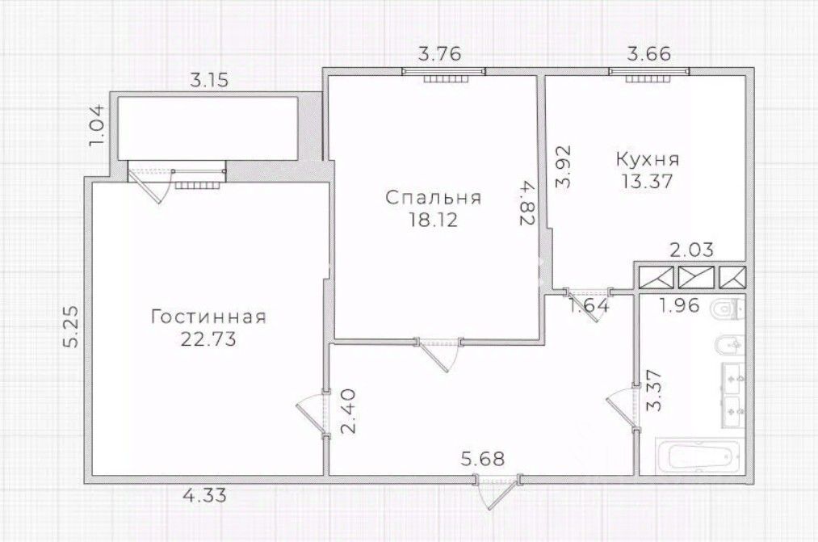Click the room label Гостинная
(x=208, y=317)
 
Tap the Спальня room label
(x=433, y=198)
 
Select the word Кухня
(x=648, y=159)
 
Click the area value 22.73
(x=208, y=339)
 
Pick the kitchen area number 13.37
(x=647, y=182)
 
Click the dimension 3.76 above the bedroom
(x=441, y=54)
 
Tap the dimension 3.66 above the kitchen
(x=649, y=54)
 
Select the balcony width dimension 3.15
(x=208, y=80)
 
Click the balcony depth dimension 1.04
(x=98, y=125)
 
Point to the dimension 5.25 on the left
(x=72, y=326)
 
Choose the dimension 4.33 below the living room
(x=204, y=494)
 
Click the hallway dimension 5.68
(x=483, y=459)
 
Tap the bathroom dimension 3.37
(x=653, y=390)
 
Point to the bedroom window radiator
(x=444, y=79)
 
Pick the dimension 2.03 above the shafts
(x=691, y=250)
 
